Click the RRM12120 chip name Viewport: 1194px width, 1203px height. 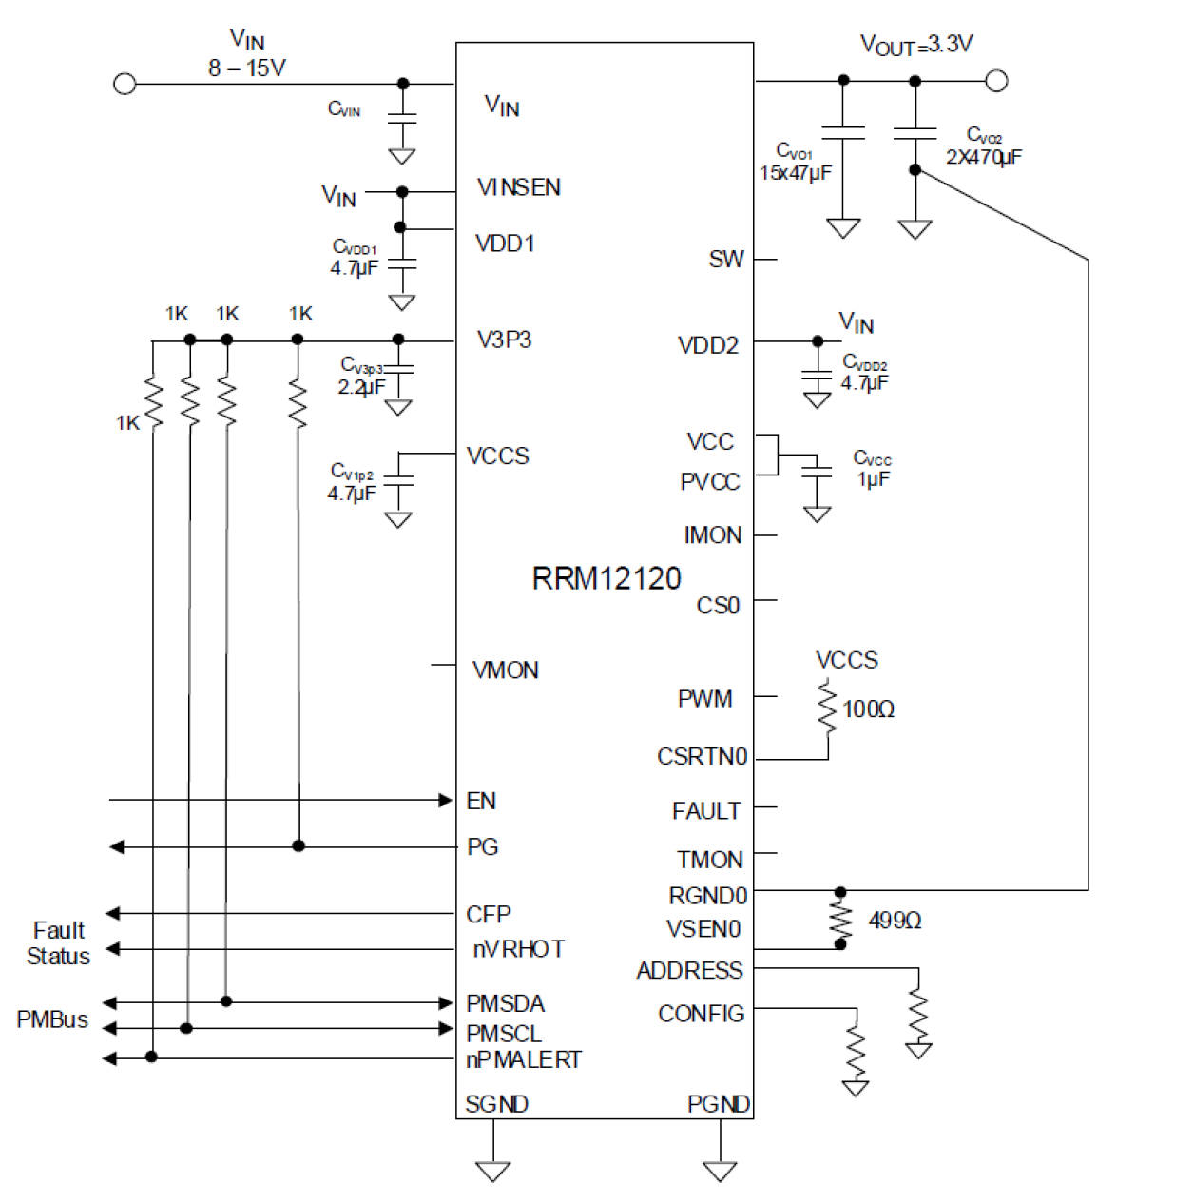click(x=606, y=578)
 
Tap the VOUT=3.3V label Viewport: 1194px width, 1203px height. click(x=915, y=45)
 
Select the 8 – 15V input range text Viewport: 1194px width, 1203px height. click(x=247, y=68)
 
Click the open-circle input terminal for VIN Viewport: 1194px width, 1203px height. click(x=125, y=84)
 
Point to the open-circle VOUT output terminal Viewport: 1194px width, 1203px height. click(x=995, y=81)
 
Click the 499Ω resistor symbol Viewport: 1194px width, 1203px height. click(x=840, y=919)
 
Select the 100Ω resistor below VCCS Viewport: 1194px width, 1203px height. click(x=828, y=708)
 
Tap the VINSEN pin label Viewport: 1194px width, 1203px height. click(x=518, y=187)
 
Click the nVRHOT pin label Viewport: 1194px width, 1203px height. click(x=518, y=949)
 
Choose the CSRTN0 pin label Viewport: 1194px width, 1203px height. click(x=702, y=757)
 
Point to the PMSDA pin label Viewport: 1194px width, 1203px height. click(x=505, y=1004)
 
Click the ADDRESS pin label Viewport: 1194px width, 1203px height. click(x=689, y=971)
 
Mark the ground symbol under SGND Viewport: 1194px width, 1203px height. click(x=493, y=1171)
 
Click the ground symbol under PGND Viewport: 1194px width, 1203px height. click(x=720, y=1171)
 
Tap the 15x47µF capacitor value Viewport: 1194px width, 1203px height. click(x=795, y=173)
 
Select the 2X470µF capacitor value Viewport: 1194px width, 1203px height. click(x=983, y=157)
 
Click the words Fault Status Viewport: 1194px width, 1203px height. click(x=58, y=943)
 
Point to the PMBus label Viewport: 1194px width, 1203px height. click(x=52, y=1019)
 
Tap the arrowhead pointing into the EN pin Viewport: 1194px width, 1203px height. click(x=445, y=801)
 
